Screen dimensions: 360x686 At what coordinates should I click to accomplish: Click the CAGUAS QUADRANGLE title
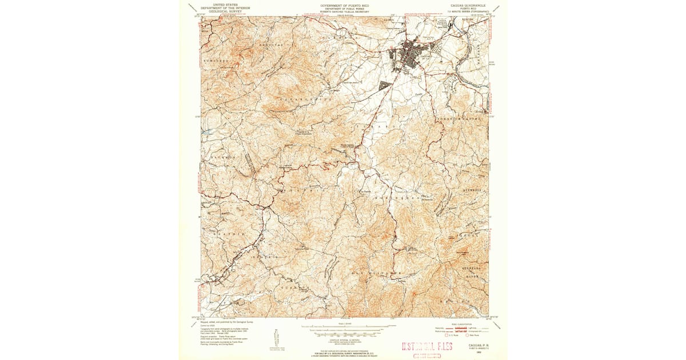tap(465, 4)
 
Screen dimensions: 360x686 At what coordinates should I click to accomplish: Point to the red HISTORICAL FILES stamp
tap(426, 346)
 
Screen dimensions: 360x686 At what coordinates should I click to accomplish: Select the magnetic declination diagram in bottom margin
tap(276, 337)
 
